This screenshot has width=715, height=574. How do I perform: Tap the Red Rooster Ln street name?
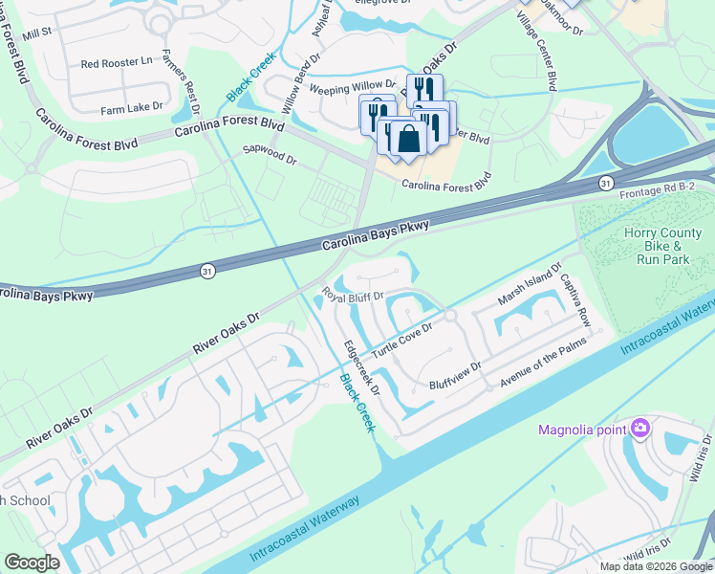click(117, 63)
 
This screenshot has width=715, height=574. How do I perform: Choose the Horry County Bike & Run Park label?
click(667, 246)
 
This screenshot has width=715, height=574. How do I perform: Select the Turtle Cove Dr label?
click(402, 340)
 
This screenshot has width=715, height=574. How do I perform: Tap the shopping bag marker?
click(408, 137)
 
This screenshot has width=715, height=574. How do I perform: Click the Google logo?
click(32, 563)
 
